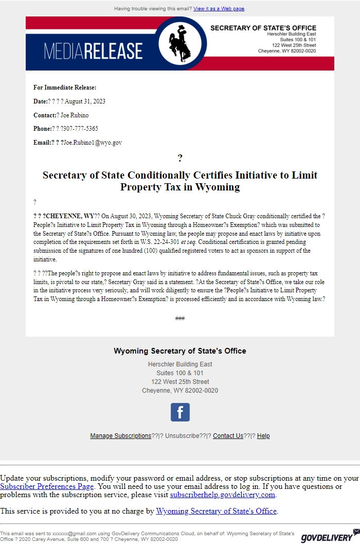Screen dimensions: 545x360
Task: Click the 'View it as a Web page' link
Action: [219, 9]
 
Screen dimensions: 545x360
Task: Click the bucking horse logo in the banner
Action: [180, 43]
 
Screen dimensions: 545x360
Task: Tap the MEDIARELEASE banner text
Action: [93, 51]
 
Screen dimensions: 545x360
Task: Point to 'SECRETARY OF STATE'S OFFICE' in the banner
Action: [263, 28]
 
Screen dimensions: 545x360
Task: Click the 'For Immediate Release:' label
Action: [65, 87]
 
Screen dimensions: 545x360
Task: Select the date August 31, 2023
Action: [85, 101]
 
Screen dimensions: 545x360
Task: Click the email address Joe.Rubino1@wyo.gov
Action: [93, 143]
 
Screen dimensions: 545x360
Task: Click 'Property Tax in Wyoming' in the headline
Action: [180, 187]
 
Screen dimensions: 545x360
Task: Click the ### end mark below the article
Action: [180, 319]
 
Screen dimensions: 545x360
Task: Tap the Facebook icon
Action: [180, 412]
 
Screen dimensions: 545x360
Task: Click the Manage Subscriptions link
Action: [121, 436]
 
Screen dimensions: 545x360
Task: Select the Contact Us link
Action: [228, 436]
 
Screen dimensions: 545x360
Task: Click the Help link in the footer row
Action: [263, 436]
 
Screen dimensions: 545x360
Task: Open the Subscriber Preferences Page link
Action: [47, 486]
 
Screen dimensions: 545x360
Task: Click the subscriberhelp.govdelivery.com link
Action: [223, 495]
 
